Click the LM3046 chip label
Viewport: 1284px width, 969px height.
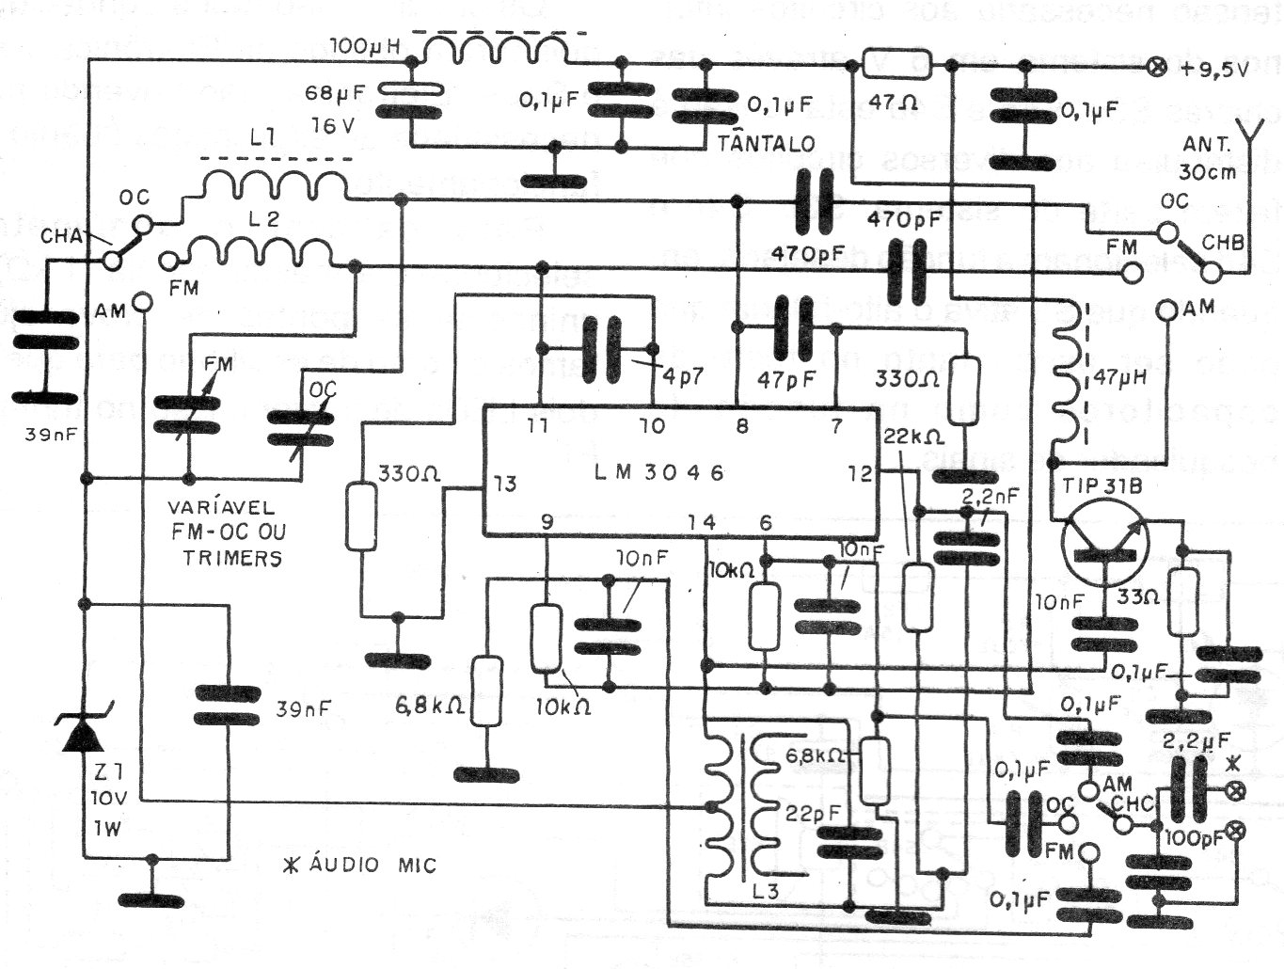(x=659, y=472)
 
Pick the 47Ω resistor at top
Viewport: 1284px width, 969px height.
(x=897, y=65)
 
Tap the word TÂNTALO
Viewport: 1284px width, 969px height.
(x=766, y=143)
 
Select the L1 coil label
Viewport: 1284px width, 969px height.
(x=263, y=138)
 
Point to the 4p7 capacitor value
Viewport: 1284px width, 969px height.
(x=682, y=373)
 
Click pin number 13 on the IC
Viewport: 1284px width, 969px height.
(x=504, y=484)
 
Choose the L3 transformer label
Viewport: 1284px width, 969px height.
(x=766, y=889)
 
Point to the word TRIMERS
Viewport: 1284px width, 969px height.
(x=232, y=557)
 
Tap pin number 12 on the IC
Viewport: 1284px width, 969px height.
(x=859, y=473)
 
